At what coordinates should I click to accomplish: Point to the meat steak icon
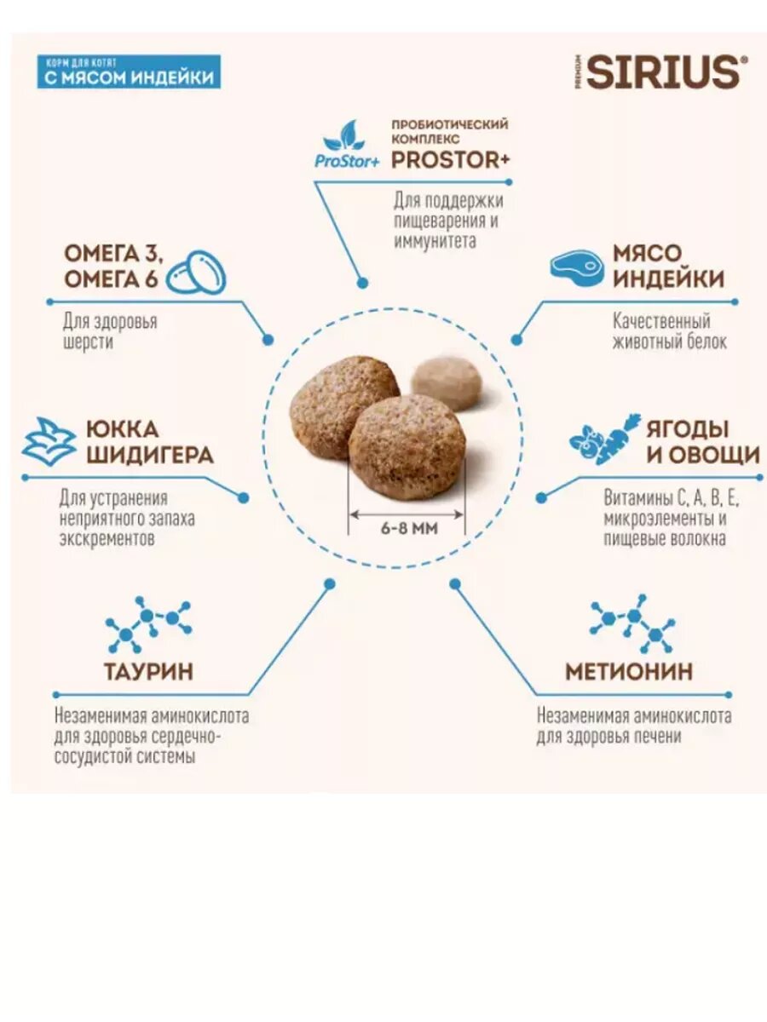(577, 266)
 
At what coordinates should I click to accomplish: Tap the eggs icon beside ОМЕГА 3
(195, 273)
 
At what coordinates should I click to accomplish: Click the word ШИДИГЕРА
(149, 455)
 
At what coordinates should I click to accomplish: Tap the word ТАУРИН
(148, 671)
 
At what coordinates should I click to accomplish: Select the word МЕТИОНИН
(629, 671)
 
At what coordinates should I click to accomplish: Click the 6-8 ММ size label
(408, 529)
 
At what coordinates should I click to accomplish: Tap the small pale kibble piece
(447, 382)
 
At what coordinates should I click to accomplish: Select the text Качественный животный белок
(670, 332)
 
